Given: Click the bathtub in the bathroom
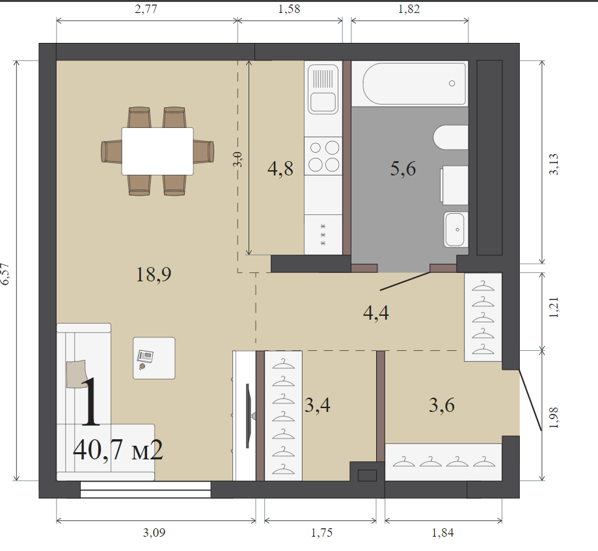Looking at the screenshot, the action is tap(415, 84).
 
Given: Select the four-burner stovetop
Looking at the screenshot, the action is tap(323, 156).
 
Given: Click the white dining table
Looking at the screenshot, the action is tap(157, 151).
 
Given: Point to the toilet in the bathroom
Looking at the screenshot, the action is tap(451, 138).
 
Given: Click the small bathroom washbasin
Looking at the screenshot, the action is tap(454, 229).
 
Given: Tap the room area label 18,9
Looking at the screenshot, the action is tap(154, 275).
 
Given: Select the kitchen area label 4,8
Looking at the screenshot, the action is tap(280, 169).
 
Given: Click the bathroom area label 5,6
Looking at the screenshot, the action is tap(403, 169).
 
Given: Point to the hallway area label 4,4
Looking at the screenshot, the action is tap(376, 313).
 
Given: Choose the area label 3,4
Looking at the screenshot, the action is tap(318, 405).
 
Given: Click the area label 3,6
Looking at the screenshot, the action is tap(442, 405).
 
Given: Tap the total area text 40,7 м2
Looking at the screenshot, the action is tap(118, 450).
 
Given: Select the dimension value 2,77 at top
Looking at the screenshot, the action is tap(146, 8).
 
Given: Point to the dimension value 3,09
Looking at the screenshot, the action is tap(154, 532).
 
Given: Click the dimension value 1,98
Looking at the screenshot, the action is tap(554, 418).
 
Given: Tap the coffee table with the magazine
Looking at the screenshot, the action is tap(154, 358).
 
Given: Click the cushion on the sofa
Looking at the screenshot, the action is tap(77, 374).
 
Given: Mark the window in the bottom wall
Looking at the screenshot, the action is tap(145, 490).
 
